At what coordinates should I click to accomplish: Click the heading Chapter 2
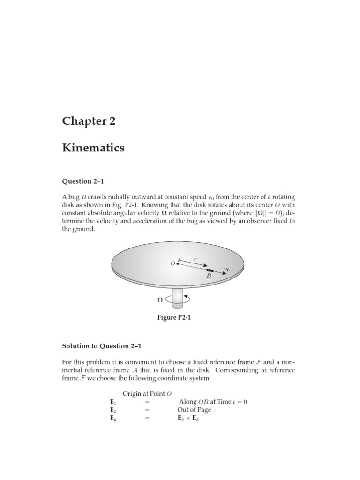coord(89,121)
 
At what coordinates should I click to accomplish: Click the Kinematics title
coord(93,148)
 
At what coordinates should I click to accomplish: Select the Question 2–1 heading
coord(83,181)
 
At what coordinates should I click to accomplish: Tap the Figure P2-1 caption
coord(174,318)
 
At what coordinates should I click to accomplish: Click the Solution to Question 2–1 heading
coord(102,346)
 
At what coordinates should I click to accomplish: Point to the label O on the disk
coord(172,264)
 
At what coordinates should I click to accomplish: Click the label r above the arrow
coord(195,258)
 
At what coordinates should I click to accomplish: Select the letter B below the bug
coord(209,277)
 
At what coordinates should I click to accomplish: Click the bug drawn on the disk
coord(210,270)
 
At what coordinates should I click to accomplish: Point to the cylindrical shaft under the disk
coord(178,298)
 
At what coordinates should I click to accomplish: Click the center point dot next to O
coord(178,264)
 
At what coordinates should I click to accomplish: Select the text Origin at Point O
coord(144,393)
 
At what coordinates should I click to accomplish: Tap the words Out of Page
coord(194,410)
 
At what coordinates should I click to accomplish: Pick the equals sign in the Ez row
coord(147,410)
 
